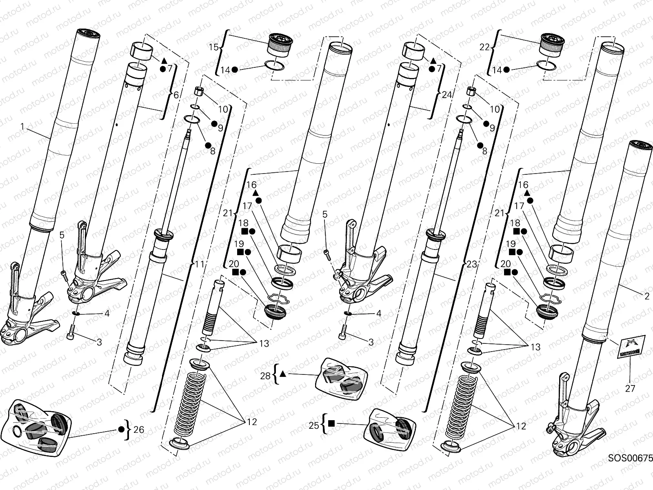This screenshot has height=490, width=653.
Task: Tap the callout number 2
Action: (646, 296)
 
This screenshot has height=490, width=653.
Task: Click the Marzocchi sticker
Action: (631, 346)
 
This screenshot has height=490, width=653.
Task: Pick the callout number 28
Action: (266, 375)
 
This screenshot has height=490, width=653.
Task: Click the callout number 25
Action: (313, 425)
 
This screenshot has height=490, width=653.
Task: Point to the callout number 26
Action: (139, 430)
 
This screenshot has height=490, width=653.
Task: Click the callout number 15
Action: (214, 47)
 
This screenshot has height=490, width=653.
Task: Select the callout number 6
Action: (176, 95)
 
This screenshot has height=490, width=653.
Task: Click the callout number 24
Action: (447, 95)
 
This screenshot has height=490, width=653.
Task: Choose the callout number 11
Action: (199, 265)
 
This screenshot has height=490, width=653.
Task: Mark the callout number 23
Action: (471, 265)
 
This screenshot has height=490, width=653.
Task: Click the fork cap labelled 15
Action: (280, 45)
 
